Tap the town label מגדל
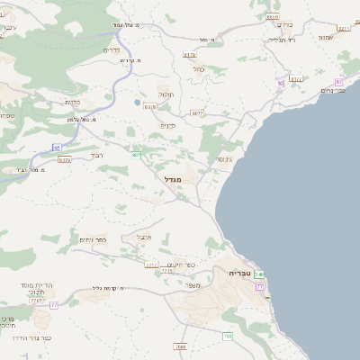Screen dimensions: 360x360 (173, 179)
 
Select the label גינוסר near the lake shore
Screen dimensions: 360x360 (223, 159)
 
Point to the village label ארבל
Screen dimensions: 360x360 (144, 237)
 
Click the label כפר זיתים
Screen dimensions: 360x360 (93, 238)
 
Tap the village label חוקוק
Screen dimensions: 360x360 (165, 94)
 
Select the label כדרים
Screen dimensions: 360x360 (112, 49)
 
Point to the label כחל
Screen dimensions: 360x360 (199, 68)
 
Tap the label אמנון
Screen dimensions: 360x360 (326, 37)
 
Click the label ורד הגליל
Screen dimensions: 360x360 (282, 40)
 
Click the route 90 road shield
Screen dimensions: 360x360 (281, 83)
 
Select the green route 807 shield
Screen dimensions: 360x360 (136, 155)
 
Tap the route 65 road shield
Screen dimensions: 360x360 (57, 146)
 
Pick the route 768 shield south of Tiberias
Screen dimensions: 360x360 (228, 336)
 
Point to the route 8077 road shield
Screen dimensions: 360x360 (197, 113)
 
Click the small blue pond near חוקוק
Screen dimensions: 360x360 (137, 102)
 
